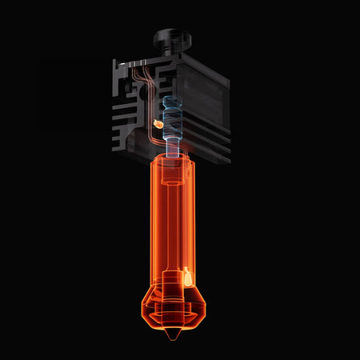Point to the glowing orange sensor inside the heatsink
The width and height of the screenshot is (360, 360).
158,123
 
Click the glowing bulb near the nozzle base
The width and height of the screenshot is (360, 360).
187,278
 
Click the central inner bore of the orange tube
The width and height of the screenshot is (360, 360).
173,224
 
